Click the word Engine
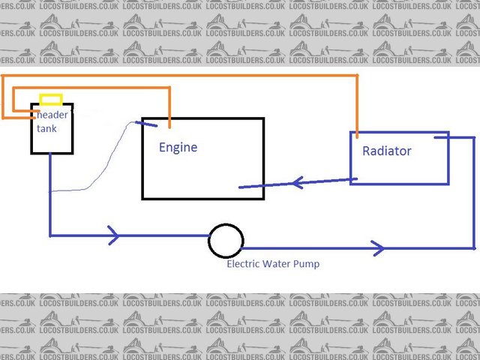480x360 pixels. pos(178,147)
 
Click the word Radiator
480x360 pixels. pos(387,151)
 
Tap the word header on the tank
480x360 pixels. pos(52,114)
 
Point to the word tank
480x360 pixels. pos(46,127)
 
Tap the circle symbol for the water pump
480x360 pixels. pos(226,241)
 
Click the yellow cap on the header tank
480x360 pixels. pos(51,99)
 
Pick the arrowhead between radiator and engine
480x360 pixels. pos(297,182)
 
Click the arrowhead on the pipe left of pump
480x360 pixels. pos(113,235)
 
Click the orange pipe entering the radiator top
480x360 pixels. pos(357,112)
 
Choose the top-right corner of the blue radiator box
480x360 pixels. pos(448,133)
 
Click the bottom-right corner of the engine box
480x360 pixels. pos(263,198)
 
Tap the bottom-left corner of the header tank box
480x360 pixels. pos(31,153)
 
